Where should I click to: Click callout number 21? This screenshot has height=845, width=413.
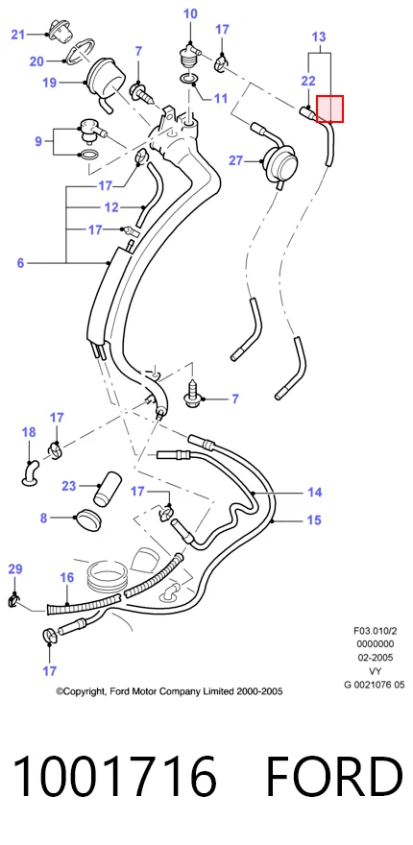tap(18, 35)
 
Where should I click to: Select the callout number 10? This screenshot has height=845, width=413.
tap(190, 13)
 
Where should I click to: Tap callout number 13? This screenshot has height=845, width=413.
tap(319, 37)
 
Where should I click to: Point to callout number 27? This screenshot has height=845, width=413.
tap(236, 160)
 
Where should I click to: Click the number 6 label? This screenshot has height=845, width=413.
tap(20, 263)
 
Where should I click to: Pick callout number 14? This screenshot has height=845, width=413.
tap(314, 492)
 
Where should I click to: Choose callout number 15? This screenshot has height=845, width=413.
tap(314, 520)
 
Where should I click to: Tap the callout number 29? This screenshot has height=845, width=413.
tap(15, 569)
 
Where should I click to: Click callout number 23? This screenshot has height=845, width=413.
tap(68, 486)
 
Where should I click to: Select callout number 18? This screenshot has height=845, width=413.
tap(29, 432)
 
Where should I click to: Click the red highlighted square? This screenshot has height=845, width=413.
tap(329, 109)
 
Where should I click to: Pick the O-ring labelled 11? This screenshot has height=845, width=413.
tap(188, 81)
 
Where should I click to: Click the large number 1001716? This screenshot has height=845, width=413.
tap(114, 777)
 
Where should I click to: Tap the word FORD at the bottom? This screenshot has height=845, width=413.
tap(334, 777)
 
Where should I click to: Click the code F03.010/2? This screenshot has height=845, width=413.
tap(376, 631)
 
